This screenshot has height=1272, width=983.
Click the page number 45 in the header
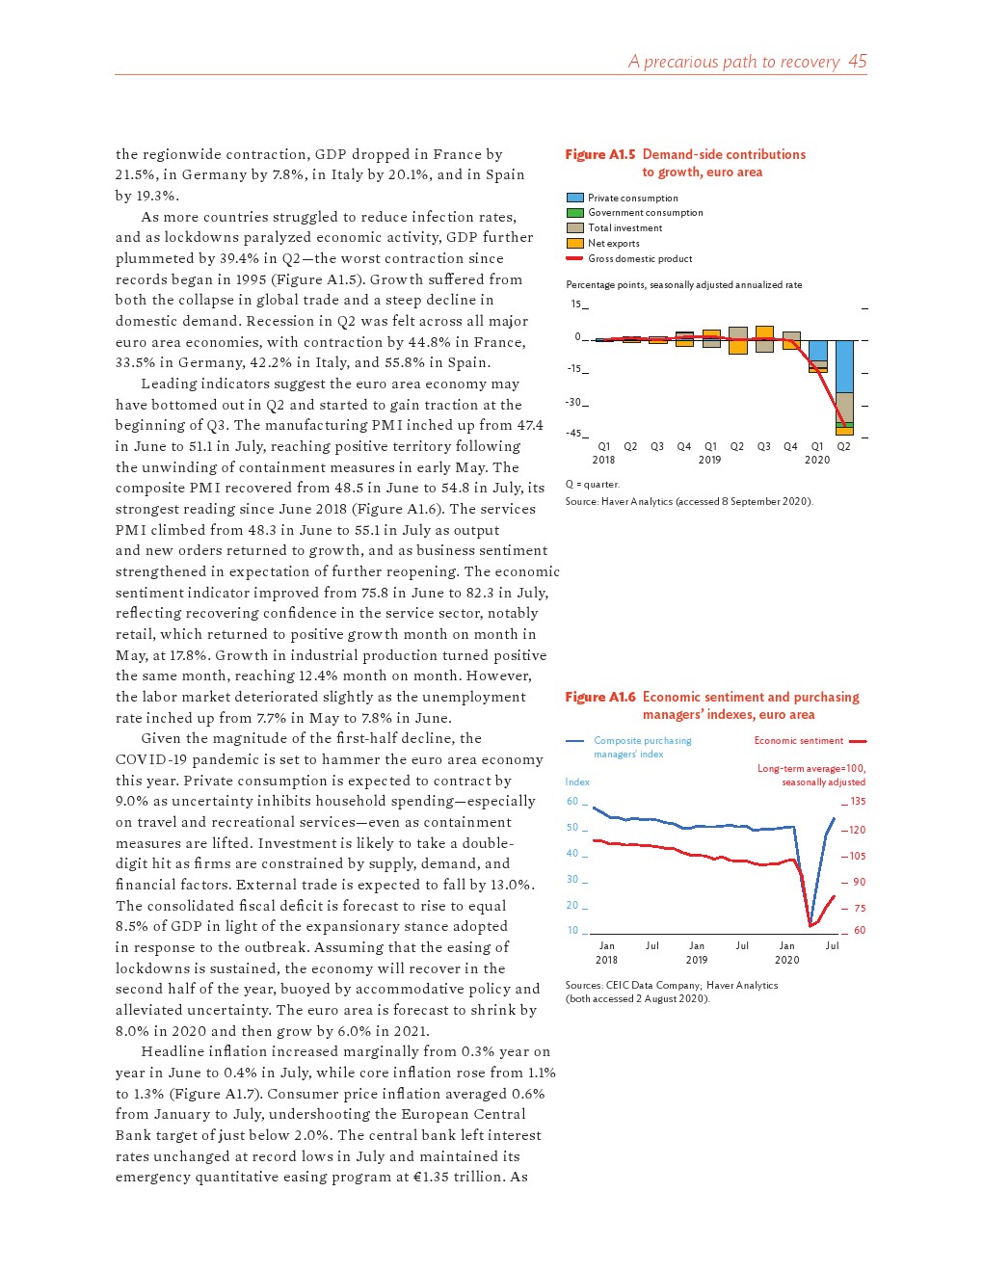pos(857,62)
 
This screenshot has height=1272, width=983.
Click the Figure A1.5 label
pos(599,154)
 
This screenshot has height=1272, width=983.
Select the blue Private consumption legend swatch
pos(575,198)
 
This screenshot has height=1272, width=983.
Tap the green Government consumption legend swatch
pos(575,213)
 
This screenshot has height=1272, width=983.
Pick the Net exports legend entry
pos(613,244)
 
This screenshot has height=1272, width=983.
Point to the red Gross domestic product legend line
pos(575,258)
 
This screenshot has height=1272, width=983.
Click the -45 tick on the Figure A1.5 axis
pos(573,434)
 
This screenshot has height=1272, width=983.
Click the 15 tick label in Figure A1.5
pos(576,305)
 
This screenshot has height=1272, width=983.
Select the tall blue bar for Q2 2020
pos(844,366)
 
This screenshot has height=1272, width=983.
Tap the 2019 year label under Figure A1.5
pos(709,461)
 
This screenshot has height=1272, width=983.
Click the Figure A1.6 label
pos(599,697)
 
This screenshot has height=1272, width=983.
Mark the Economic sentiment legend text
pos(798,741)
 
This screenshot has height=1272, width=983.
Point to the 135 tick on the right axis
pos(858,802)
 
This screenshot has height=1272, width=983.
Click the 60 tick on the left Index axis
pos(572,802)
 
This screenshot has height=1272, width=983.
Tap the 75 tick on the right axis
pos(859,908)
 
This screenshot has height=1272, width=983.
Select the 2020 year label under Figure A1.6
pos(786,960)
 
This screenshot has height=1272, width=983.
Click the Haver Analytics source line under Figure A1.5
pos(688,501)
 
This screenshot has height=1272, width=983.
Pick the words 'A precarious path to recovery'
pos(733,62)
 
